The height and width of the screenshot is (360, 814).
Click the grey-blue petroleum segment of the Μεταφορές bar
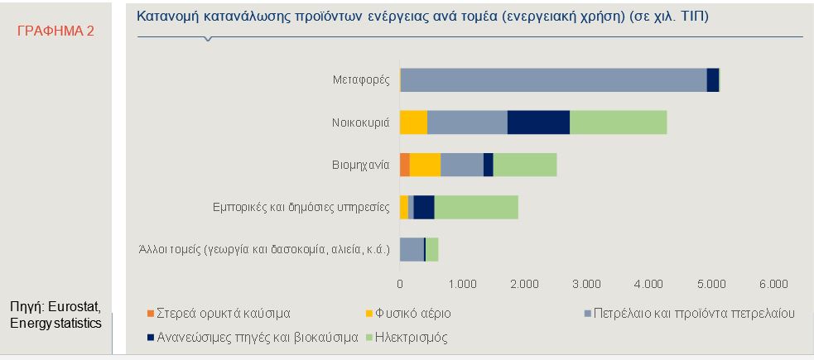(x=554, y=80)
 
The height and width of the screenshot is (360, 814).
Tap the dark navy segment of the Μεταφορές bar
(x=713, y=80)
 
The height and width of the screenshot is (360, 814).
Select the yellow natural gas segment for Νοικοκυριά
(x=413, y=122)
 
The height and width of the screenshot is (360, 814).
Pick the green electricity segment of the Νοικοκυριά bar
(x=619, y=122)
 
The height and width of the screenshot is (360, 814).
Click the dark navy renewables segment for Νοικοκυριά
(x=538, y=122)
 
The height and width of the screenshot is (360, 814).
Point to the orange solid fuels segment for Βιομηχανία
(x=405, y=165)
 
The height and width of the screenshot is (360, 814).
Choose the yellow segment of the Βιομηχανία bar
(x=425, y=165)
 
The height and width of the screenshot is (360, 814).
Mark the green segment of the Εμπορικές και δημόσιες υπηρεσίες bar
(x=476, y=208)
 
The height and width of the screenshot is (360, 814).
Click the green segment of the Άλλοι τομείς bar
(x=432, y=250)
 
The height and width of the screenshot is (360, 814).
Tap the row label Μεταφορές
(x=361, y=80)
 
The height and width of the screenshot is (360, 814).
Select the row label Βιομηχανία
(x=361, y=166)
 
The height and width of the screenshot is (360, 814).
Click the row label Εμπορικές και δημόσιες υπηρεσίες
(x=301, y=208)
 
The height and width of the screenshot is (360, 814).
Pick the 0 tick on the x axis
(x=400, y=284)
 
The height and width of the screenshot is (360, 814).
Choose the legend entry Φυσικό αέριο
(x=408, y=314)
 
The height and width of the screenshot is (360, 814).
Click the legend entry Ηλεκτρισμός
(x=407, y=338)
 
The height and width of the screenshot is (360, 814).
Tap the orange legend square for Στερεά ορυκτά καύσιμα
(x=151, y=314)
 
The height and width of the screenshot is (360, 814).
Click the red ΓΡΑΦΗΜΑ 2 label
(x=56, y=31)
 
